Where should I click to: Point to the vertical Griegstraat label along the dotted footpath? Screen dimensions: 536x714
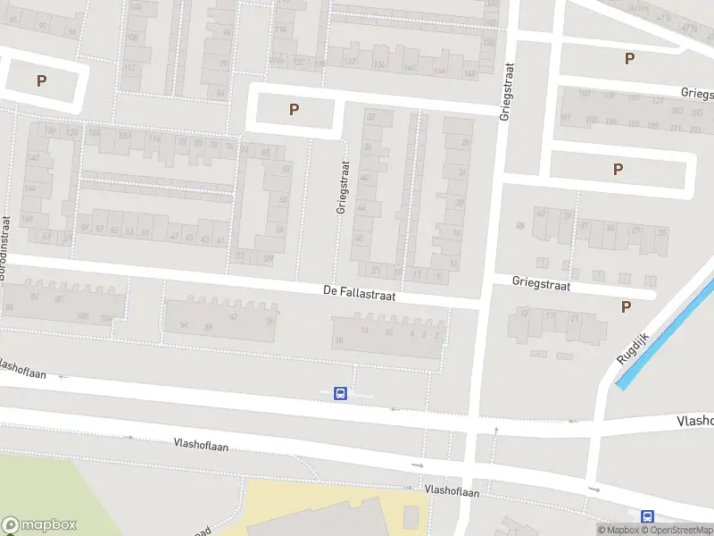[x=341, y=187]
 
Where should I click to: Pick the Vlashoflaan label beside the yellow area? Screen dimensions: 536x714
[x=452, y=490]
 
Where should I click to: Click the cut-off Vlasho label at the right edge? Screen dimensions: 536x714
[x=695, y=420]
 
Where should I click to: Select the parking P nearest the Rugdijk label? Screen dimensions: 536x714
[x=626, y=306]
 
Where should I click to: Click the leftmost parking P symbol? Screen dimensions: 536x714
[x=41, y=80]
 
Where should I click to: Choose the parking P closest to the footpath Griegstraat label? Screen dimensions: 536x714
[x=294, y=110]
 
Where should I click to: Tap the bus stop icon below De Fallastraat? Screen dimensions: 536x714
[x=340, y=393]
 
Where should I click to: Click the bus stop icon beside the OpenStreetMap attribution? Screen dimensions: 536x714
[x=647, y=516]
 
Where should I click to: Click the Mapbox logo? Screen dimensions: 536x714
[x=39, y=525]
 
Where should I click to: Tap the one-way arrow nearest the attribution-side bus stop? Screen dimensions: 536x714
[x=593, y=490]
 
